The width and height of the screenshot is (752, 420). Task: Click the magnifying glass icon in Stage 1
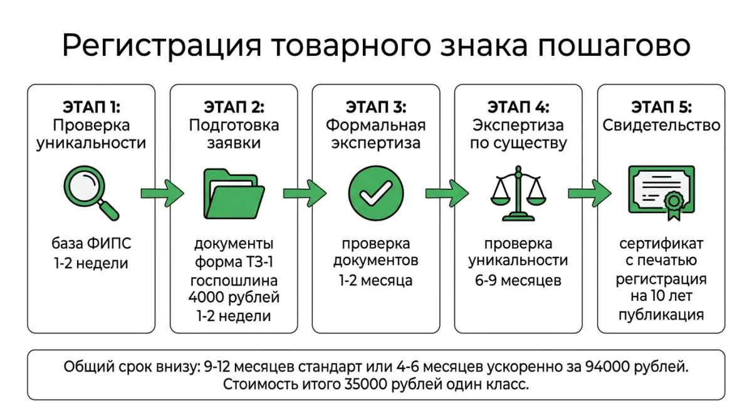[91, 192]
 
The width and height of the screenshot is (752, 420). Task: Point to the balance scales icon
[518, 192]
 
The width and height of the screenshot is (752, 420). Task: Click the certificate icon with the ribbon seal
[661, 192]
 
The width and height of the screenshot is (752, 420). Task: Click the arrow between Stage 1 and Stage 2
[162, 192]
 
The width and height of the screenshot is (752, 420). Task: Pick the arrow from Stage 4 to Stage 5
[589, 192]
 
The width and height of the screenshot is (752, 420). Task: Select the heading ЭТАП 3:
[375, 106]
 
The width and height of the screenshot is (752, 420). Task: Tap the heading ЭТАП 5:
[661, 106]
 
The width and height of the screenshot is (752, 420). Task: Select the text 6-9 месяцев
[518, 280]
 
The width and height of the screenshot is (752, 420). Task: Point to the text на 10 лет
[661, 297]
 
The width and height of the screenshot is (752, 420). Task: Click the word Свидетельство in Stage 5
[661, 125]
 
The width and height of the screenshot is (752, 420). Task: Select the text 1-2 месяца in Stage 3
[375, 280]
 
